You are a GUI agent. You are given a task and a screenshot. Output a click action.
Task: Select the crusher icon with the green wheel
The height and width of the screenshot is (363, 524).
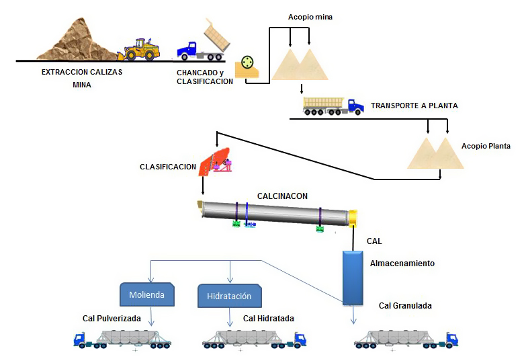pos(248,66)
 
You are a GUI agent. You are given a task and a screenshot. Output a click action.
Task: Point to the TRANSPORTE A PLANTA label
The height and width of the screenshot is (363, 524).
pos(414,106)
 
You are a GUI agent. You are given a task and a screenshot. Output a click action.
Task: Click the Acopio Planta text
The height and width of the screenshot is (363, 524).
pos(486,146)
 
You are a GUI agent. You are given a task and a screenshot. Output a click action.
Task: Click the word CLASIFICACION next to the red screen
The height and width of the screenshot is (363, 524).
pos(168,167)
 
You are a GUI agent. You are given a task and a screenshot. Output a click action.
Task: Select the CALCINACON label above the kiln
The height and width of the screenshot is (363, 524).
pos(282,196)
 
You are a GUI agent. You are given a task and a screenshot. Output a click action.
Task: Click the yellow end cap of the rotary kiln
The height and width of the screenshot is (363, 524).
pos(352,218)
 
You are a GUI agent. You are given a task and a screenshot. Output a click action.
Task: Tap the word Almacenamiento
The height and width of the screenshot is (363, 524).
pos(402,264)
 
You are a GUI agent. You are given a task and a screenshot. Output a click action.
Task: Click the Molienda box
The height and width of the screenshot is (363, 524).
pos(146,294)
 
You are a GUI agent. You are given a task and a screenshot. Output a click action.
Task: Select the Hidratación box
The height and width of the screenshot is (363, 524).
pos(229,295)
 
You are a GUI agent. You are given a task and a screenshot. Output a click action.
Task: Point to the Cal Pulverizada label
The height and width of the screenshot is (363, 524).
pos(107,319)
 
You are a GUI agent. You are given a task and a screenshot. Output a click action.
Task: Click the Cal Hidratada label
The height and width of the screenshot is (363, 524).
pos(269,319)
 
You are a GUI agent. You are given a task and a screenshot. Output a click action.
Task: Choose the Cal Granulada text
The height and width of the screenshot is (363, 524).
pos(405,306)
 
